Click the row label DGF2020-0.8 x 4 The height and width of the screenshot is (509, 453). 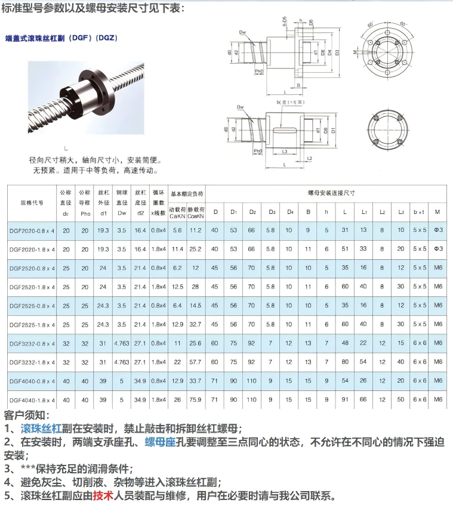click(32, 230)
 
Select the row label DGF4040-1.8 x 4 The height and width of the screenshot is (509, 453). click(32, 399)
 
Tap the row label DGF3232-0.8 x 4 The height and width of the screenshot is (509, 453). click(32, 343)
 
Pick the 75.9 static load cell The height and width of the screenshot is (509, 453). click(195, 399)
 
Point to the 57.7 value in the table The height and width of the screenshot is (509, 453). click(195, 362)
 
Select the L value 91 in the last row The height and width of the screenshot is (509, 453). click(345, 399)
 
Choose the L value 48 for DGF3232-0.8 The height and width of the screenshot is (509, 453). click(345, 343)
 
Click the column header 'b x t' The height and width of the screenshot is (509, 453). click(419, 212)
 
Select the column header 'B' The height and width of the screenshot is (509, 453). click(308, 212)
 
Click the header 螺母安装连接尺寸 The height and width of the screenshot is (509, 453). click(331, 193)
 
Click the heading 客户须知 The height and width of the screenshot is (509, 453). click(27, 415)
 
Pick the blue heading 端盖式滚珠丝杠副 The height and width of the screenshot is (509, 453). click(50, 38)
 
